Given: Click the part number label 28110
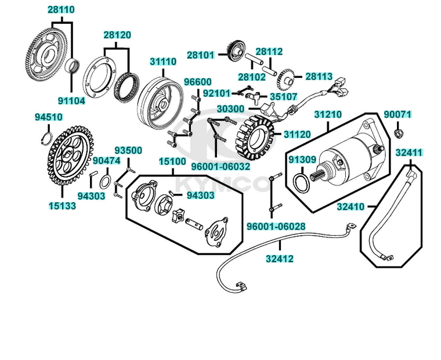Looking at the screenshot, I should coord(60,10).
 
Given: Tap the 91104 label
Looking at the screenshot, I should coord(71,100).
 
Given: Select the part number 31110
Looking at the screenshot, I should coord(163,61).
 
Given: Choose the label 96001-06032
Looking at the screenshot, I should coord(220,165).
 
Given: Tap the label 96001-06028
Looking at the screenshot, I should coord(276,226).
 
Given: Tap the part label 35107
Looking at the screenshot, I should coord(282,97).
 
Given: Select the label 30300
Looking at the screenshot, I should coord(230,109).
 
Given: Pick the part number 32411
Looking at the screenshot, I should coord(409,153).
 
